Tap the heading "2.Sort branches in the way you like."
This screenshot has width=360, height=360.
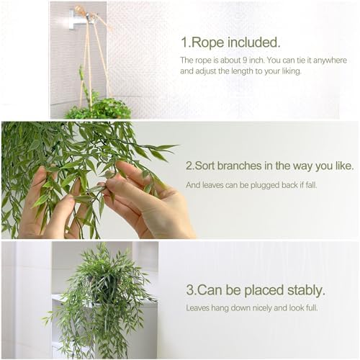[x=269, y=166]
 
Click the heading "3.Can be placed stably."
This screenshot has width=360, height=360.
[x=255, y=291]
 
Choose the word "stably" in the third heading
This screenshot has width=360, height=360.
[x=303, y=291]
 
